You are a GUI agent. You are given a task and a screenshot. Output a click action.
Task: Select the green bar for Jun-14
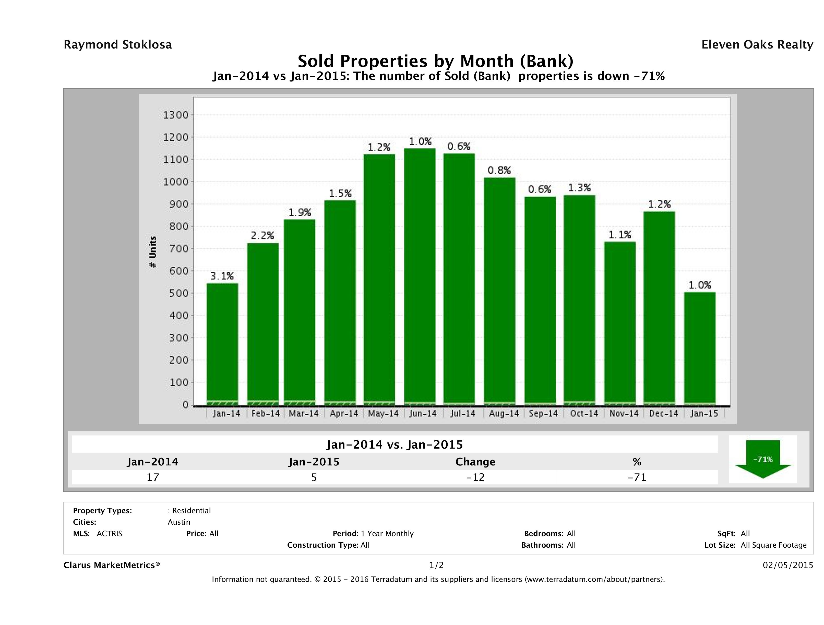click(420, 276)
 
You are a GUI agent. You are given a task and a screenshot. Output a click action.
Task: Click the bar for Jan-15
click(700, 348)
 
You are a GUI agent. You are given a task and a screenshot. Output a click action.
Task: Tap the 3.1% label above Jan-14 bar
click(222, 276)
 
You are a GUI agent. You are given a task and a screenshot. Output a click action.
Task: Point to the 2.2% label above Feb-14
click(262, 235)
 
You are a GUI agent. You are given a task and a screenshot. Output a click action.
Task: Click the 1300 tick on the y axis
click(176, 115)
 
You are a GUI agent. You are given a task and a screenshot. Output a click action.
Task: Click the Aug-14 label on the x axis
click(504, 413)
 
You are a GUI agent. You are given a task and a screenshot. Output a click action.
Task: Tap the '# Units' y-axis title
click(153, 252)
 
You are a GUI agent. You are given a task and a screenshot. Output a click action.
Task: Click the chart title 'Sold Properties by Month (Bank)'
click(435, 61)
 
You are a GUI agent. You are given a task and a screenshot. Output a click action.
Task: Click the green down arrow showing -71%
click(762, 459)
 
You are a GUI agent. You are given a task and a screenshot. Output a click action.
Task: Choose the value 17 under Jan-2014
click(153, 477)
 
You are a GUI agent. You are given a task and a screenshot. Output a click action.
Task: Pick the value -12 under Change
click(475, 477)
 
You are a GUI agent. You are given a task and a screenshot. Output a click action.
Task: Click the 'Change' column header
click(475, 462)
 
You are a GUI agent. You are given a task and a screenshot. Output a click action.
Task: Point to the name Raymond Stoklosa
click(118, 45)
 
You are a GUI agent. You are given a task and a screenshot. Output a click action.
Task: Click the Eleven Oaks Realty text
click(757, 45)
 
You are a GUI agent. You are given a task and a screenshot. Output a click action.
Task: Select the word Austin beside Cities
click(179, 522)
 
